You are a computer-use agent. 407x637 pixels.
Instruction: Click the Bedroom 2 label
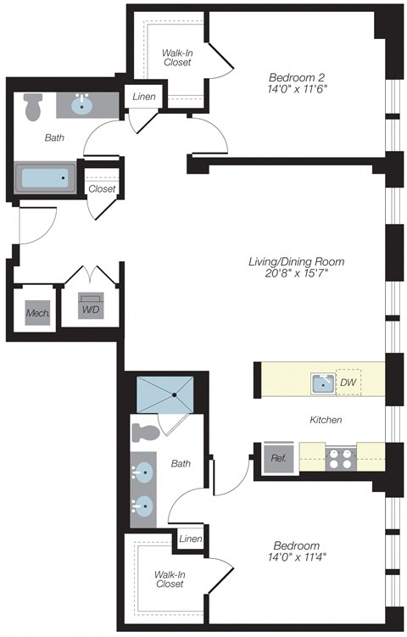click(296, 74)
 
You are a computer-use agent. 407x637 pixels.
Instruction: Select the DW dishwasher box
click(348, 383)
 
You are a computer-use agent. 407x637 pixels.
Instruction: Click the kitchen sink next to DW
click(323, 383)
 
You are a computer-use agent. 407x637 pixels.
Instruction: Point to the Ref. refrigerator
click(277, 458)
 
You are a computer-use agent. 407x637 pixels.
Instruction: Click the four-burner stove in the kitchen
click(341, 458)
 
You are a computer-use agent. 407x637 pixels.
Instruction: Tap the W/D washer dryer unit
click(91, 309)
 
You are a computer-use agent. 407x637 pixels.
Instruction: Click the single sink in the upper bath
click(81, 106)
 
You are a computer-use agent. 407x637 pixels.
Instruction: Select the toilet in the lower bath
click(147, 432)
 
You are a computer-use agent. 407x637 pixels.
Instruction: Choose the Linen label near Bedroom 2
click(143, 97)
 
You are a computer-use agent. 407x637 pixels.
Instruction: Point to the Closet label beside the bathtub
click(102, 188)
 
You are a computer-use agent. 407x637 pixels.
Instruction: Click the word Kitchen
click(325, 420)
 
